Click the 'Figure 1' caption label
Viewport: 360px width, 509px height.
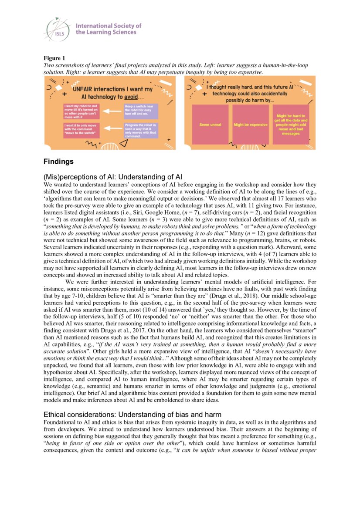pyautogui.click(x=54, y=58)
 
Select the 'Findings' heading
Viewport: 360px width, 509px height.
pyautogui.click(x=58, y=162)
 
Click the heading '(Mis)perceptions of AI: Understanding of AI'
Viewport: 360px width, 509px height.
pyautogui.click(x=112, y=177)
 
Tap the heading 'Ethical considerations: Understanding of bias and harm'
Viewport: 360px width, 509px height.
pyautogui.click(x=132, y=414)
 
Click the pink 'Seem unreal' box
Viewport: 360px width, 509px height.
pyautogui.click(x=211, y=125)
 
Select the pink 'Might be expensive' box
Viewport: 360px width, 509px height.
pyautogui.click(x=251, y=125)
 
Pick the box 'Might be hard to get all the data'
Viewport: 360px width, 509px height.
pyautogui.click(x=291, y=124)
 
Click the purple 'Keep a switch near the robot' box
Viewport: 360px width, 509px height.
pyautogui.click(x=140, y=111)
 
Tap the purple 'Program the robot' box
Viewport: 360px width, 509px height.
pyautogui.click(x=140, y=130)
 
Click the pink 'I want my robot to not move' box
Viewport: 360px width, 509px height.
pyautogui.click(x=81, y=111)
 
